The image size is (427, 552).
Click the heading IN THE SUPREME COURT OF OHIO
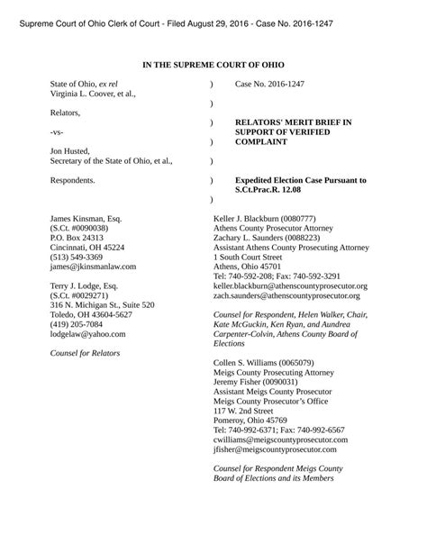click(x=213, y=66)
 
